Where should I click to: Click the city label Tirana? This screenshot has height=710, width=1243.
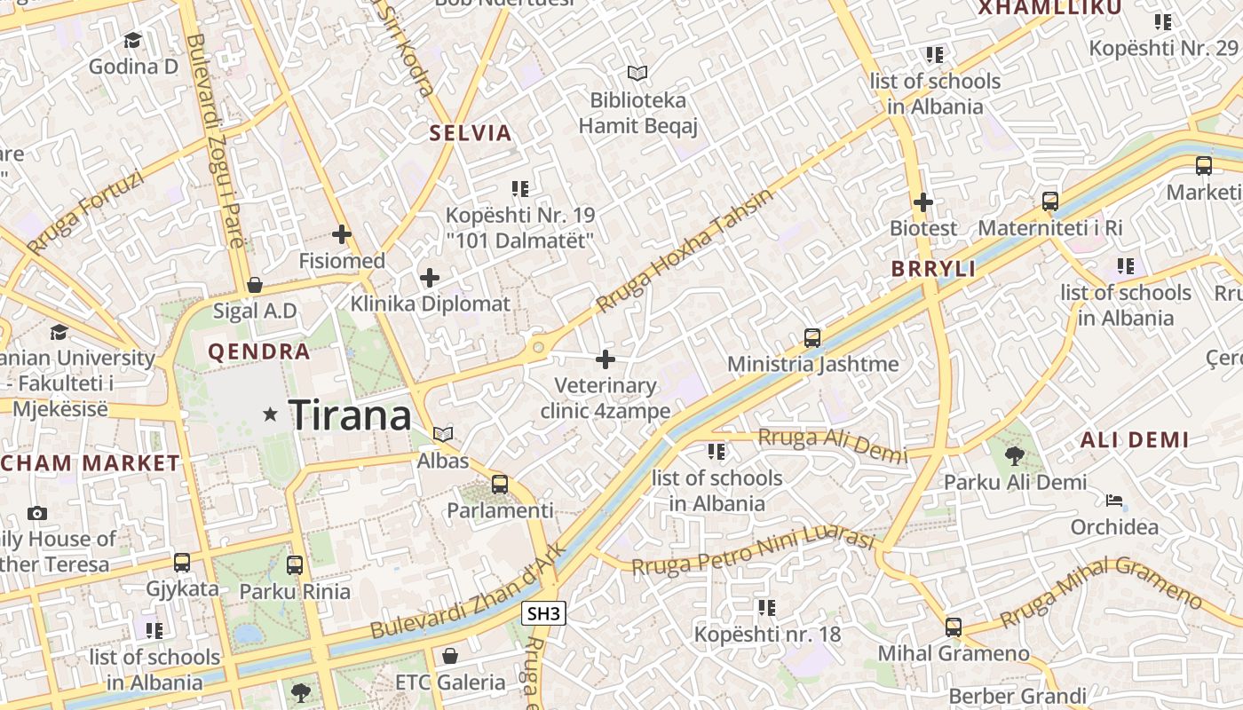click(x=351, y=415)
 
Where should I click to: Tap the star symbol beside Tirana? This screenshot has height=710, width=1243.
click(x=270, y=414)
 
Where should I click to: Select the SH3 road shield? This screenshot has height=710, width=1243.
click(x=543, y=613)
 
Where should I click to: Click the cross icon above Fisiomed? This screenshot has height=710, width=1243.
click(x=341, y=234)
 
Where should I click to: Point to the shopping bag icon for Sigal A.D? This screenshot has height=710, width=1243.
click(x=255, y=285)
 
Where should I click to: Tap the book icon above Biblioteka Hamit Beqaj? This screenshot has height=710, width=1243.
click(x=637, y=73)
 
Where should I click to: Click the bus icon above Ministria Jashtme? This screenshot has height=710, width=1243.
click(x=812, y=337)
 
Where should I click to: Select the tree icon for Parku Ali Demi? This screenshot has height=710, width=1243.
click(x=1014, y=456)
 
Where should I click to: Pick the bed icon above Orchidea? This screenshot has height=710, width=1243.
click(x=1114, y=501)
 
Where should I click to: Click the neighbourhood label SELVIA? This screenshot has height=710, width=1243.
click(x=471, y=134)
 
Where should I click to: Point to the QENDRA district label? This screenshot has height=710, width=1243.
click(x=259, y=352)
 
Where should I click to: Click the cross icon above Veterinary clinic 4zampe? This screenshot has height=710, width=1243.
click(x=606, y=359)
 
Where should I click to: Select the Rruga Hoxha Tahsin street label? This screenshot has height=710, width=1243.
click(x=684, y=252)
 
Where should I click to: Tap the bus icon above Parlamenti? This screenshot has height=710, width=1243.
click(x=500, y=485)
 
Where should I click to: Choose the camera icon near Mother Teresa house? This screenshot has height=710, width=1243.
click(x=37, y=513)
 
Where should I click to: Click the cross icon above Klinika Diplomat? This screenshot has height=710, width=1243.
click(x=430, y=278)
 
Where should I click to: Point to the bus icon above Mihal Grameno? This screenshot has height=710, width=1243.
click(x=954, y=627)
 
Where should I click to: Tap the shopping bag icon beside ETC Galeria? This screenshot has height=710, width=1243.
click(x=450, y=656)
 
